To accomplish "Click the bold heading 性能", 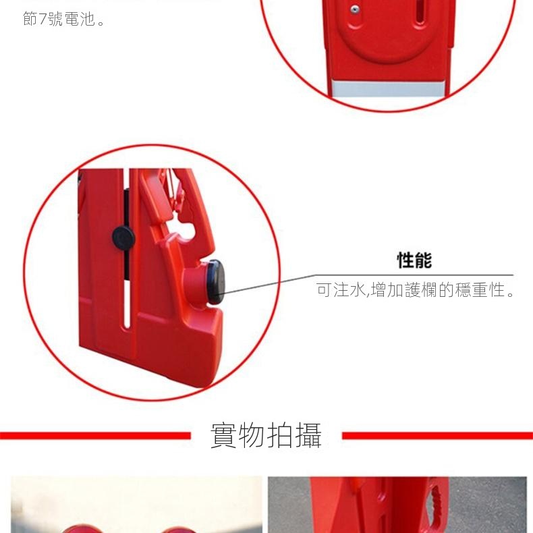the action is (414, 260).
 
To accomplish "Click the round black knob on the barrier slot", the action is (123, 237).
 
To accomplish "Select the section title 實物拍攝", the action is (266, 435).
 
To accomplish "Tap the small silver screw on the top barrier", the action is (354, 9).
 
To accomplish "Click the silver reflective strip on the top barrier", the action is (388, 88).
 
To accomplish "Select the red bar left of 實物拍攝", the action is (95, 435).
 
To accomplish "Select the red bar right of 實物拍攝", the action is (437, 435).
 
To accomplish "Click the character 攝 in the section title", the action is (308, 435).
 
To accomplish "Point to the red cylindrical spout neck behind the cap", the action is (196, 282).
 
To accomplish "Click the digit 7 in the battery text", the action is (42, 19).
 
